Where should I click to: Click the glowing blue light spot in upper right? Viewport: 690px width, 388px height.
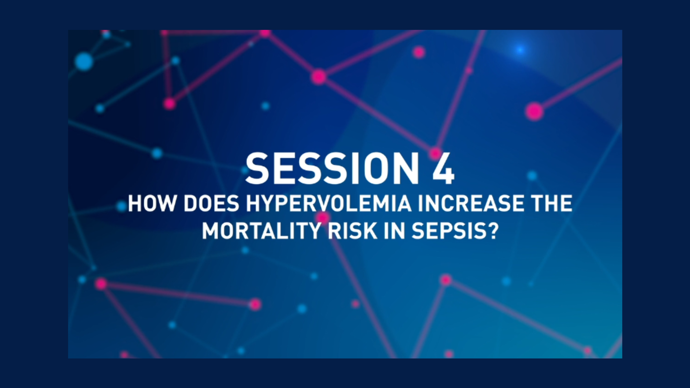point(520,50)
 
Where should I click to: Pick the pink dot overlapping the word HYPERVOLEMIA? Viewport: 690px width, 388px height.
point(323,217)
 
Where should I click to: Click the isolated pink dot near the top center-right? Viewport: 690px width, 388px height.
point(419,52)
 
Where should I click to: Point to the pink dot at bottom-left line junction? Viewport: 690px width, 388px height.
point(101,284)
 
